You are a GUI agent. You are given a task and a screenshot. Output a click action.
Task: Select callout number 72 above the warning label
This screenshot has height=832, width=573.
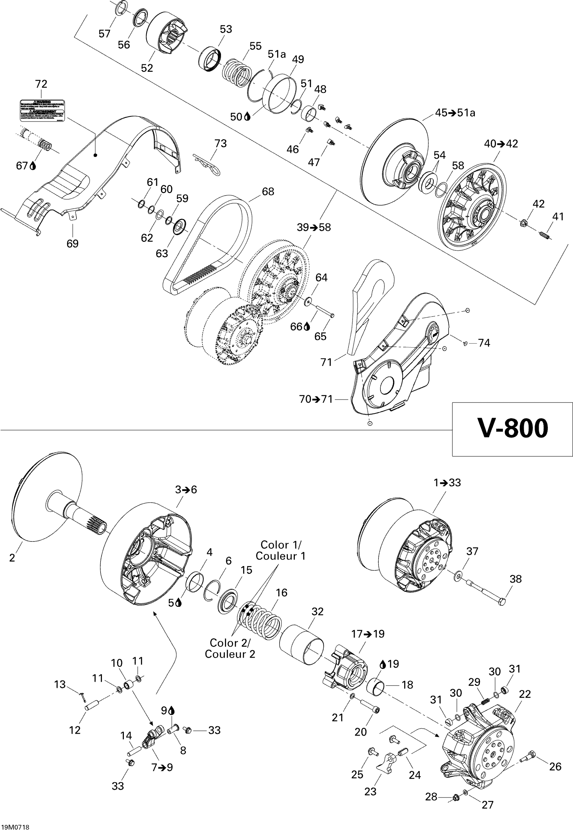coord(41,84)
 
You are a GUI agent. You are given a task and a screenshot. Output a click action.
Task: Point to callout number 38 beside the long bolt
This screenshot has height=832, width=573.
coord(516,579)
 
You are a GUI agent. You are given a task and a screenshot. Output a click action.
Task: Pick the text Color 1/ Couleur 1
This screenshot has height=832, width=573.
coord(280,550)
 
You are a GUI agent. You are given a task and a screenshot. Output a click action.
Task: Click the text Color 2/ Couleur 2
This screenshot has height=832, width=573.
coord(230,648)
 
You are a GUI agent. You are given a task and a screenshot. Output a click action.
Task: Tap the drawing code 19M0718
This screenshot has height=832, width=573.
coord(15,827)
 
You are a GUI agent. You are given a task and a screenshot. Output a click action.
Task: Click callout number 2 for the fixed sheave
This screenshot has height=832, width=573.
coord(12,558)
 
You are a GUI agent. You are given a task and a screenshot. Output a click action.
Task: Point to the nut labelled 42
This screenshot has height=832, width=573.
coord(523,224)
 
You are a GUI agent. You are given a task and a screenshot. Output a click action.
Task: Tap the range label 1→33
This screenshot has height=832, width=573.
coord(447,483)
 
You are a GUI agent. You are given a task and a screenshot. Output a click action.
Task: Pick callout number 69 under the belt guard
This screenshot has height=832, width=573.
coord(73,243)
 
